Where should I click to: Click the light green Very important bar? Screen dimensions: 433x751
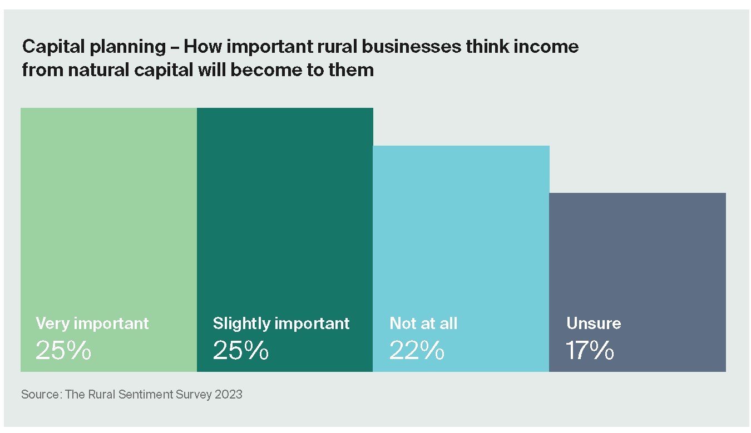pos(108,211)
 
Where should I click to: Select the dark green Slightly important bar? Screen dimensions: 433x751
pos(285,211)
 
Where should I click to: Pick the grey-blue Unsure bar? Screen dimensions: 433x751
pos(637,256)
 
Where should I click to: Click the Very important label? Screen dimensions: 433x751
pos(92,323)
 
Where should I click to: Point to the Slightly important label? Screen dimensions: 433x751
pos(281,323)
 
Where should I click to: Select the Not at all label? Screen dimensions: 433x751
pos(423,323)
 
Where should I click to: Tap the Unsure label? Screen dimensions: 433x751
pos(594,323)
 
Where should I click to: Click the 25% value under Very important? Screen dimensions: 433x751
pos(63,351)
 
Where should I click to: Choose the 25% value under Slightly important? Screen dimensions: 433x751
pos(241,351)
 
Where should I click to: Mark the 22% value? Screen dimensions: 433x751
pos(417,351)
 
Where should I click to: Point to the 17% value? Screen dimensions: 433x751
pos(590,351)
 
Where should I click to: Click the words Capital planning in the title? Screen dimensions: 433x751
pos(94,47)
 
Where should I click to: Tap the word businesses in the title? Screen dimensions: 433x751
pos(411,47)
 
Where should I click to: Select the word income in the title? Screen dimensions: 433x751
pos(547,47)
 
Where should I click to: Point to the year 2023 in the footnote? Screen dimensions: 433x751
pos(229,395)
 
